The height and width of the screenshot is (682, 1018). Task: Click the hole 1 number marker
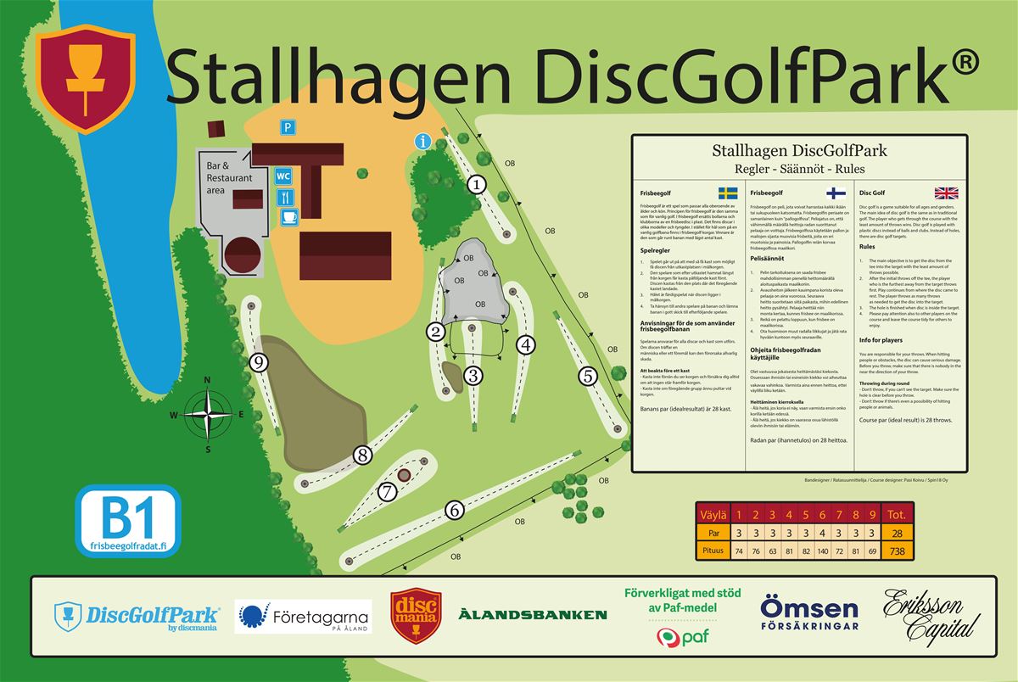click(478, 183)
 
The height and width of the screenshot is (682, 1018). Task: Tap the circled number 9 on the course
click(260, 363)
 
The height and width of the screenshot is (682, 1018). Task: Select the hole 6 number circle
click(455, 510)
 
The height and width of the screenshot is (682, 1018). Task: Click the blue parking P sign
click(289, 127)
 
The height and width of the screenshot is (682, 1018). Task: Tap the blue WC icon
click(284, 176)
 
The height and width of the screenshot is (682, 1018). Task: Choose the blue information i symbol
click(422, 142)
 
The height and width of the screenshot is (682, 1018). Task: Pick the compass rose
click(208, 414)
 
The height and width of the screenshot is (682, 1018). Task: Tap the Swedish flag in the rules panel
click(728, 193)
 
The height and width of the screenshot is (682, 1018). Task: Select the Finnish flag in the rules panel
click(836, 193)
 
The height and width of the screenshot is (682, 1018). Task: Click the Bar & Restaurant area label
click(229, 178)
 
